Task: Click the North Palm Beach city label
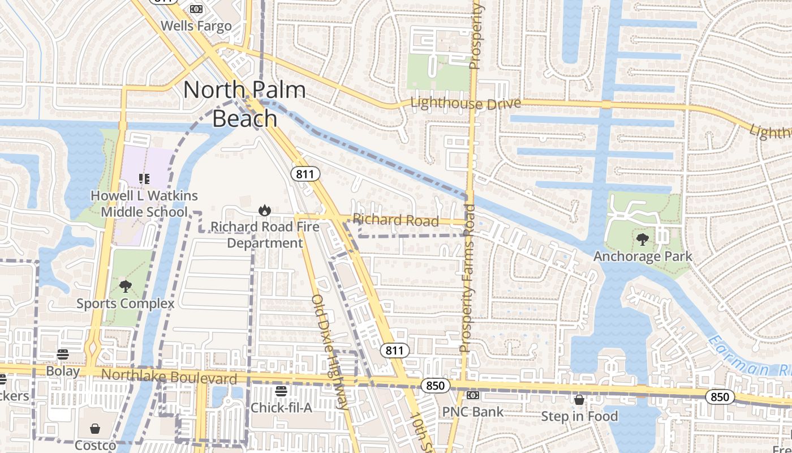(x=244, y=104)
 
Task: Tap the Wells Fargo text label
(x=196, y=26)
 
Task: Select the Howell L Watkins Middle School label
(x=144, y=204)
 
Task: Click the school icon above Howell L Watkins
(x=144, y=179)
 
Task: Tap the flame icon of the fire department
(x=264, y=211)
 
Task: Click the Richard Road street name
(x=395, y=220)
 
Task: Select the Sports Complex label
(x=126, y=304)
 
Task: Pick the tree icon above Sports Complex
(x=126, y=287)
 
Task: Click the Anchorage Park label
(x=643, y=257)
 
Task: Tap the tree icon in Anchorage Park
(x=643, y=240)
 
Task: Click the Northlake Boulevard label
(x=169, y=377)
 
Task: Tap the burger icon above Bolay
(x=62, y=354)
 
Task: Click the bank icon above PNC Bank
(x=472, y=395)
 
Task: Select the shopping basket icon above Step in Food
(x=579, y=400)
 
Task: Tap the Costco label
(x=95, y=445)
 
